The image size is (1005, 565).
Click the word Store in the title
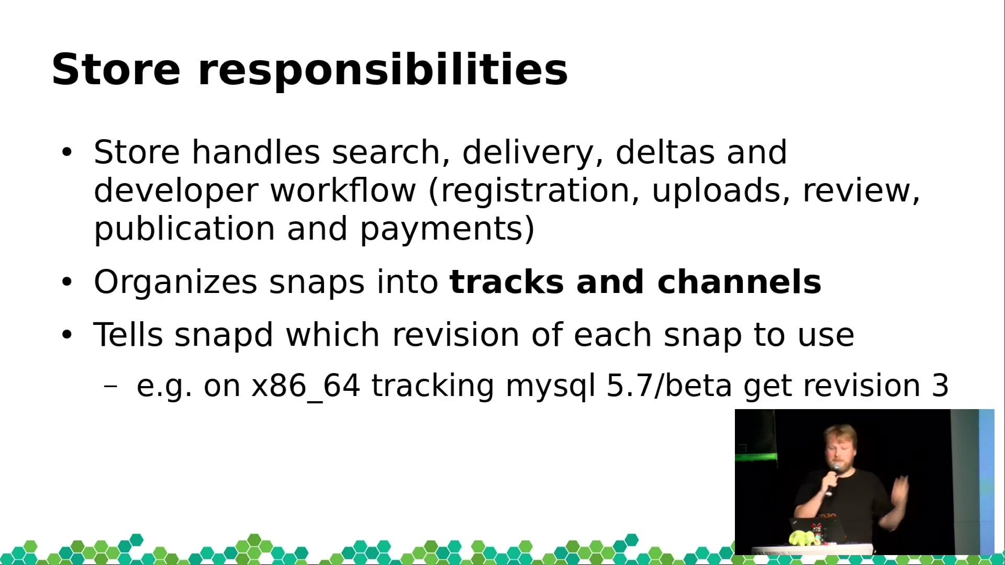[x=116, y=69]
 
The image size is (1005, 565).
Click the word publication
[x=184, y=230]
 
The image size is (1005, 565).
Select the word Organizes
[x=175, y=283]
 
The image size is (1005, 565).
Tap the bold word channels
[x=739, y=282]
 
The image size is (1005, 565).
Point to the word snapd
[x=224, y=335]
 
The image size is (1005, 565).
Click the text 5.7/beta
[x=669, y=386]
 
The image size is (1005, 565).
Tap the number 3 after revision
[x=940, y=386]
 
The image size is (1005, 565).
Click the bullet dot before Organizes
[x=66, y=282]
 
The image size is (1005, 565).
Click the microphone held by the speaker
[x=832, y=479]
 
